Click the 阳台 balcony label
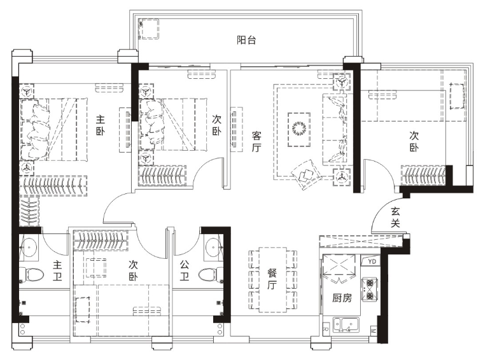246,40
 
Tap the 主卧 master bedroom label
100,125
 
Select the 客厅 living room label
256,142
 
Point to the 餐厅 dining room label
272,279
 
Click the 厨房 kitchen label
342,298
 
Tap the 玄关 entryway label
396,218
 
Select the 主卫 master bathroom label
57,271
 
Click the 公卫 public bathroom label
184,271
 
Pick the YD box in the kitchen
372,261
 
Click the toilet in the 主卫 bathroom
31,274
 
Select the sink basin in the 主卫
29,247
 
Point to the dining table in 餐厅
273,280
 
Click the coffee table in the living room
299,129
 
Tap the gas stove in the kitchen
370,289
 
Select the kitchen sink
346,325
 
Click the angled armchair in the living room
307,175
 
